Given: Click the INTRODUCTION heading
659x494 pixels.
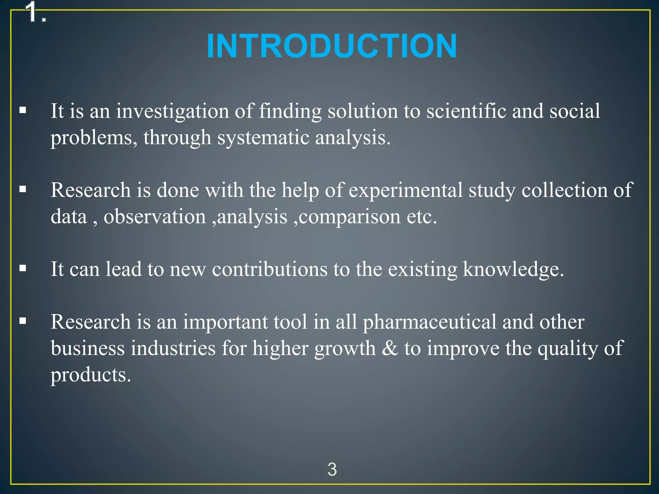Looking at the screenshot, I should point(332,46).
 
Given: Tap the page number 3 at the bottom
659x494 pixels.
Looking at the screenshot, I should point(332,469).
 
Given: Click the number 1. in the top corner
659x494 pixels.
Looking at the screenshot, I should point(36,13).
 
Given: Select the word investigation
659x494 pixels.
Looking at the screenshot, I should point(172,111).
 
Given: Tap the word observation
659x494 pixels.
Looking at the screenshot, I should point(154,216).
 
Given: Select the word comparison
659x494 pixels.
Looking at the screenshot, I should point(349,217).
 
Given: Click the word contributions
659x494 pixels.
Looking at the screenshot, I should point(269,269).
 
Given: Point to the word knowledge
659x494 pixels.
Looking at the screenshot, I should point(513,269).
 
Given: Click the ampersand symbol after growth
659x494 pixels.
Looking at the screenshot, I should point(390,348).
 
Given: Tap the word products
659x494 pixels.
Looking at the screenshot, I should point(91,375).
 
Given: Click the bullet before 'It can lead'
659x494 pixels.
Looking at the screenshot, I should point(23,268).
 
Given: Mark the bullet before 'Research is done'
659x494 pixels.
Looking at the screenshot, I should point(23,189).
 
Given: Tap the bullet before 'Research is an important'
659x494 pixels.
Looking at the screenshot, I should point(23,321).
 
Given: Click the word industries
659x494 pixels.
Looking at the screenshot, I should point(173,348).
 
